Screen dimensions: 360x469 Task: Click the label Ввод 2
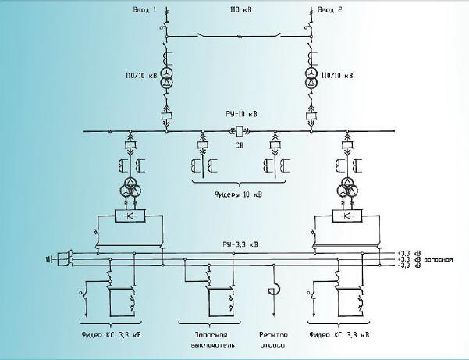coord(331,10)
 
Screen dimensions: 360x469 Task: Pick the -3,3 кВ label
coord(410,266)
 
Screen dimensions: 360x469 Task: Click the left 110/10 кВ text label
coord(138,76)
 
